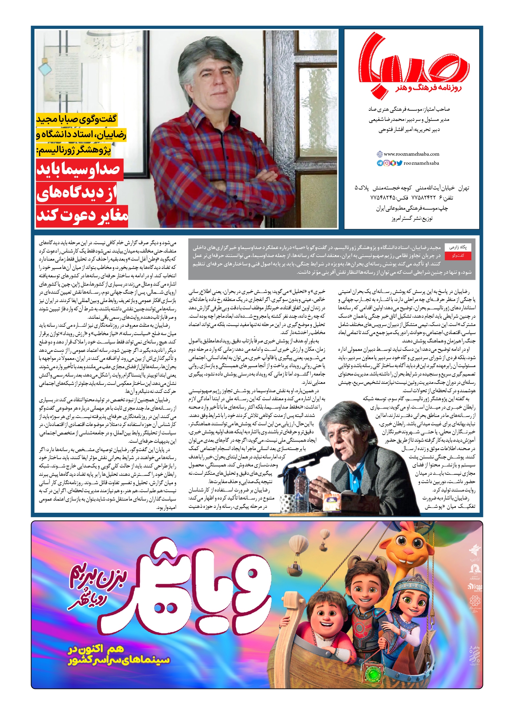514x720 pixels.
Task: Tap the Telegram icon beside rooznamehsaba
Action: tap(380, 163)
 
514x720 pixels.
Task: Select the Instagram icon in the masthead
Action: tap(386, 163)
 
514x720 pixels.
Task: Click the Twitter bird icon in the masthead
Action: tap(399, 163)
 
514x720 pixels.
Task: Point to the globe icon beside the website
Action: tap(380, 154)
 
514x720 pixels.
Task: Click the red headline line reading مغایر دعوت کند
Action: tap(82, 216)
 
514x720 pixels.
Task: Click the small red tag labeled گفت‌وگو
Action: tap(458, 256)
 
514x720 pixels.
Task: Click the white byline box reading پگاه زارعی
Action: tap(458, 247)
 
